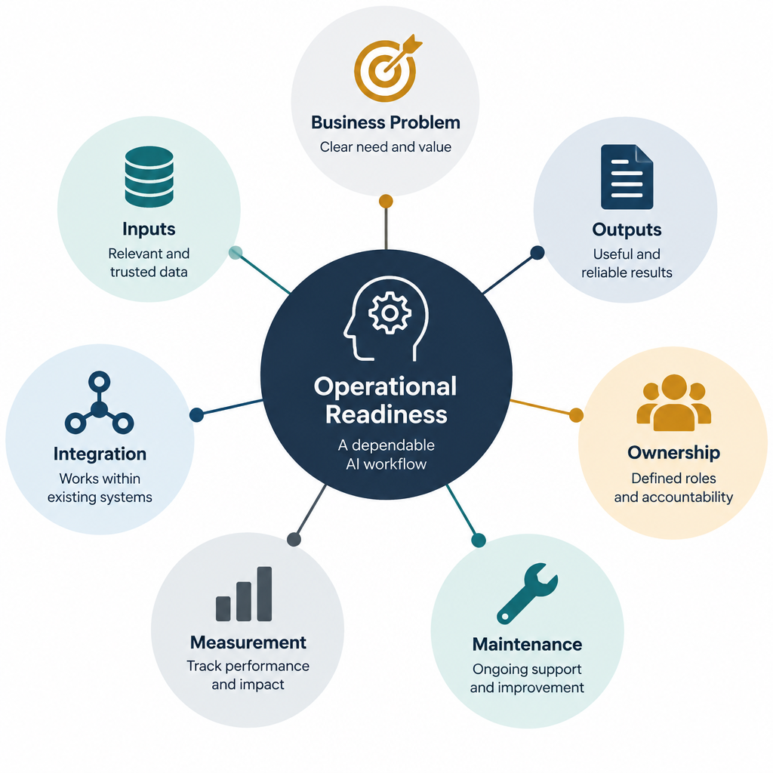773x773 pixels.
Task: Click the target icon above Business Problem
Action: coord(385,69)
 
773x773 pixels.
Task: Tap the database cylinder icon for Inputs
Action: coord(149,176)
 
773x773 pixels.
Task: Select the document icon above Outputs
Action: coord(627,177)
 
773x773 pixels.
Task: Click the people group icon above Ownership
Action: coord(673,403)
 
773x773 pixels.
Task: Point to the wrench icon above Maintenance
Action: coord(527,593)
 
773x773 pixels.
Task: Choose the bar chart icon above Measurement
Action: coord(244,594)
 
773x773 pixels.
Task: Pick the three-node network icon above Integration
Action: coord(99,403)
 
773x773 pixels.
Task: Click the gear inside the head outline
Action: coord(390,313)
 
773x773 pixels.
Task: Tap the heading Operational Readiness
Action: coord(386,400)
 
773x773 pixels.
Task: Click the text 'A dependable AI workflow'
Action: coord(386,454)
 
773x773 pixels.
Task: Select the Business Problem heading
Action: coord(386,122)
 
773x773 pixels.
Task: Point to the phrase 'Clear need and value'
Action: coord(386,147)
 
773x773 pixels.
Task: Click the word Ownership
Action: coord(673,453)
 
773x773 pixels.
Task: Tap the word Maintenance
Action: coord(527,645)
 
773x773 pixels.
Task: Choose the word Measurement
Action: coord(248,642)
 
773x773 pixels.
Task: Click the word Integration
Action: coord(100,454)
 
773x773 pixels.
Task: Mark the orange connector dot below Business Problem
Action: coord(386,201)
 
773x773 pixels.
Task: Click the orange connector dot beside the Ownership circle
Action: coord(576,415)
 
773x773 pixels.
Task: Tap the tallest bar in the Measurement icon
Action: coord(265,594)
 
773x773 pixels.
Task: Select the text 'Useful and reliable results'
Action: coord(627,263)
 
